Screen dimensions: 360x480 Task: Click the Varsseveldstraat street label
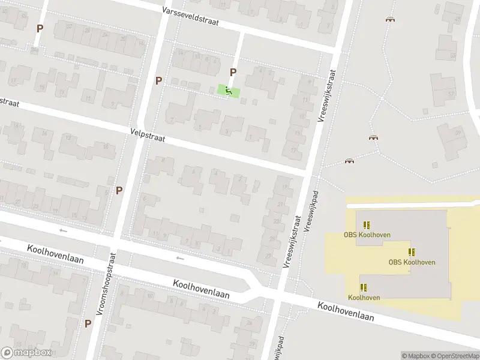[x=191, y=16]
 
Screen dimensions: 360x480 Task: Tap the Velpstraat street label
[x=147, y=134]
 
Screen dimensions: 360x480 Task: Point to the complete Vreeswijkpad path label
[x=311, y=212]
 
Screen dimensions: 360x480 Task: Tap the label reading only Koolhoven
[x=364, y=298]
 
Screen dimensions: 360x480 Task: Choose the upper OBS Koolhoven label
[x=367, y=235]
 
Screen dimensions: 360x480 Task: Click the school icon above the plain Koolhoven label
[x=364, y=287]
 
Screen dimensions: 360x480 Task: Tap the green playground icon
[x=229, y=91]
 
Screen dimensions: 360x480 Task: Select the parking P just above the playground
[x=233, y=72]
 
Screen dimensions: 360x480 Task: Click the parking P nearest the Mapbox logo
[x=88, y=323]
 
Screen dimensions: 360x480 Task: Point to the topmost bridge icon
[x=391, y=19]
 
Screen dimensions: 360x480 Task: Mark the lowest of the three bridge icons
[x=349, y=161]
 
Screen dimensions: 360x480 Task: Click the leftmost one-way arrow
[x=63, y=231]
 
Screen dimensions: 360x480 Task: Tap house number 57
[x=451, y=94]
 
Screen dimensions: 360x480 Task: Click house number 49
[x=458, y=19]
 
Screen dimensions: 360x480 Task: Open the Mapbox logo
[x=26, y=353]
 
